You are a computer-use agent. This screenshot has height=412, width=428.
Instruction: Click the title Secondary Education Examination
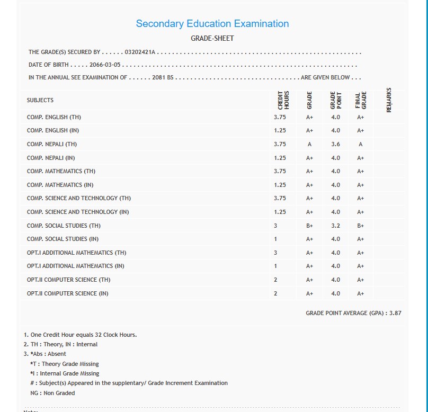[x=212, y=24]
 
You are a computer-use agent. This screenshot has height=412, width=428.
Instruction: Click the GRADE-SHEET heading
[x=212, y=39]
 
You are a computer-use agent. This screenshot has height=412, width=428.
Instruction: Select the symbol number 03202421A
[x=140, y=52]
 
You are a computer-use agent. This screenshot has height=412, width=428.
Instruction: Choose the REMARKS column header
[x=389, y=100]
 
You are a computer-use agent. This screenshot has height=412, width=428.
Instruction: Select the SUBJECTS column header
[x=40, y=101]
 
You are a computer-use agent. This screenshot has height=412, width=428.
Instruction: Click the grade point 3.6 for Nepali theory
[x=335, y=144]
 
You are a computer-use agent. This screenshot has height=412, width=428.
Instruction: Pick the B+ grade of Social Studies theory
[x=309, y=226]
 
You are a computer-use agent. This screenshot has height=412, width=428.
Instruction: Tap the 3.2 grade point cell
[x=335, y=226]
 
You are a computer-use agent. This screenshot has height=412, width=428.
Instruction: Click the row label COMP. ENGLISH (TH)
[x=54, y=117]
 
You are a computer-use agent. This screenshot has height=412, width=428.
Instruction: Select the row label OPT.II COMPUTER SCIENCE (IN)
[x=68, y=293]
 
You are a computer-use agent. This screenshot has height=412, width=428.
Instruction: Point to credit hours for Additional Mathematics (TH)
[x=275, y=253]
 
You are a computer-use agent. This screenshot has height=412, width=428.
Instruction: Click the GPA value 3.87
[x=395, y=314]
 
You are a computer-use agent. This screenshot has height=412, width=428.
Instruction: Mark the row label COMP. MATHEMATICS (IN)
[x=60, y=185]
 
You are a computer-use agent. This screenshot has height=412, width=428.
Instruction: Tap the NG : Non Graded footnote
[x=52, y=393]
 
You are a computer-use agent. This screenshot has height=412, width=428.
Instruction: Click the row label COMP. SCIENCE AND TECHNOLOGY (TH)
[x=79, y=198]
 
